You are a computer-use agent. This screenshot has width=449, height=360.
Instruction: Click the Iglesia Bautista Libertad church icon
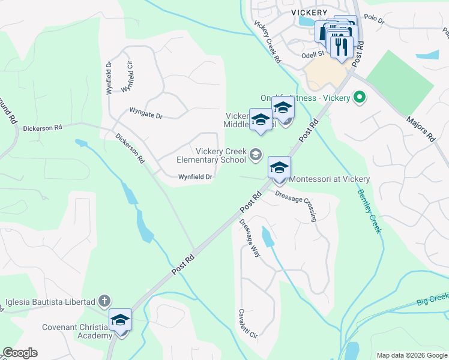coord(104,301)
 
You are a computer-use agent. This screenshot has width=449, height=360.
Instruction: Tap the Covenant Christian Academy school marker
coord(120,320)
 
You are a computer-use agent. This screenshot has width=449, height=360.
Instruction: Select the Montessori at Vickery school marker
coord(280,168)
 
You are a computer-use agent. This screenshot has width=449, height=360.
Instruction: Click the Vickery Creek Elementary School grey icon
coord(256,155)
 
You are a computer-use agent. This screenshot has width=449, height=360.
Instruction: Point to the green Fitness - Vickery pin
coord(360,97)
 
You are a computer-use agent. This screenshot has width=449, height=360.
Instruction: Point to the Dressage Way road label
coord(250,238)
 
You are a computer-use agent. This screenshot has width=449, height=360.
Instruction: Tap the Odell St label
coord(313,53)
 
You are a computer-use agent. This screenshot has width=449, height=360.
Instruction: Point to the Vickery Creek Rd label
coord(267,43)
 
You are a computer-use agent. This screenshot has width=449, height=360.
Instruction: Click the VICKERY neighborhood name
coord(309,12)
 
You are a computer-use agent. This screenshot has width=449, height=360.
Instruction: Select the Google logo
coord(20,353)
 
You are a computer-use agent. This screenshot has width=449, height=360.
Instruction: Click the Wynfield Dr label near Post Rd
coord(195,176)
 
